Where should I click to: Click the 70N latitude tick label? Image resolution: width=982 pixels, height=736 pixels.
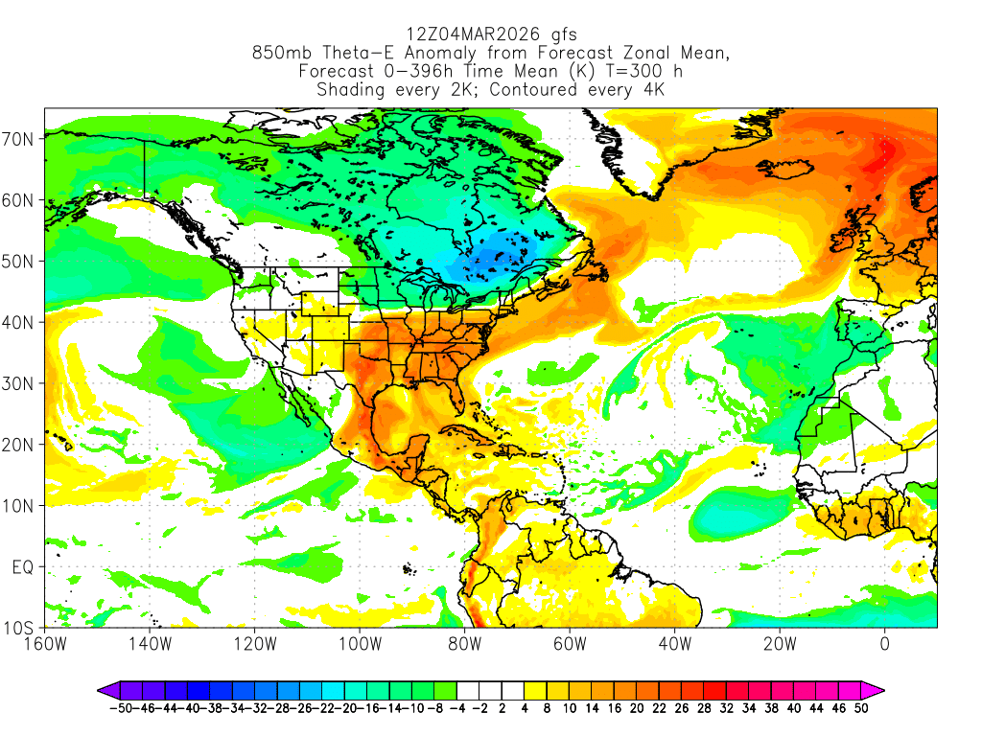coord(20,138)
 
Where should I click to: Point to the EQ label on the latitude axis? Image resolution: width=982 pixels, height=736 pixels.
coord(23,567)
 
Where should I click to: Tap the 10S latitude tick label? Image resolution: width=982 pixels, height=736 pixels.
coord(20,629)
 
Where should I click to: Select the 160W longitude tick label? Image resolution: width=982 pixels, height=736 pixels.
coord(45,644)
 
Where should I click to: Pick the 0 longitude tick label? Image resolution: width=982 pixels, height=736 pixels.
coord(885,644)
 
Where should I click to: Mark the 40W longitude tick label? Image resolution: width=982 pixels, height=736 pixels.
coord(675,644)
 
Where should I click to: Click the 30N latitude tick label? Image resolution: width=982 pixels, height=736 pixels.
coord(20,383)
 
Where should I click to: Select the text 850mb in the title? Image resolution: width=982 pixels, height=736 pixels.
coord(279,54)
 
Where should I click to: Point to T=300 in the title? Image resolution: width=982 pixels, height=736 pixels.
coord(624,72)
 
